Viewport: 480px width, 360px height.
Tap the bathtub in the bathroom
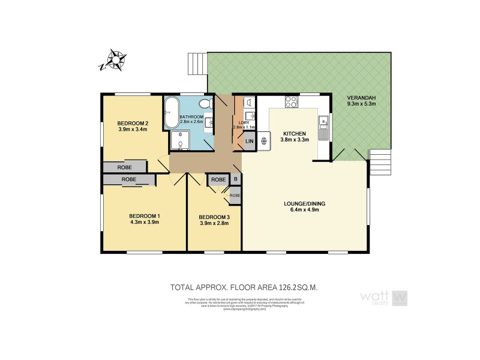click(170, 113)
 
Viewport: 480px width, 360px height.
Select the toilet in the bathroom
click(205, 104)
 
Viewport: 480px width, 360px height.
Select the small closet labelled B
click(236, 179)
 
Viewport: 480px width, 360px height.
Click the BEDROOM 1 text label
click(145, 216)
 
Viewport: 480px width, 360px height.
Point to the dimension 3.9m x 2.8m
click(214, 223)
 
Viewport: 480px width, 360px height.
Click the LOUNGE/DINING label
click(304, 203)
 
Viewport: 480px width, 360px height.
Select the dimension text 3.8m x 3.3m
click(294, 140)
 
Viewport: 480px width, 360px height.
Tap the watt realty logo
click(383, 298)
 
